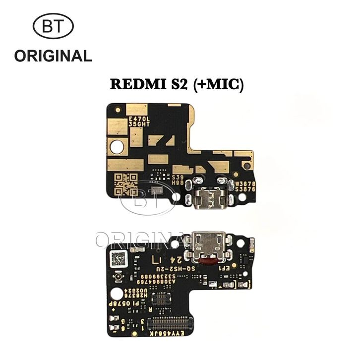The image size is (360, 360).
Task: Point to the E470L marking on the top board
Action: (138, 119)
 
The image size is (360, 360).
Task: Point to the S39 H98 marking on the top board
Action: (178, 179)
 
